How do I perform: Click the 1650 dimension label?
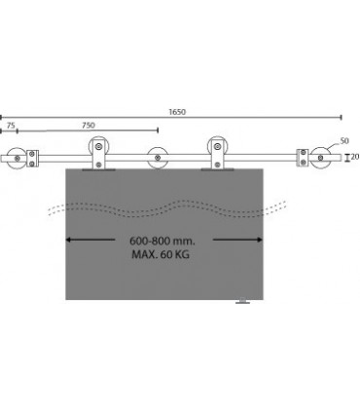click(x=177, y=112)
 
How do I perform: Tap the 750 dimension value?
click(x=89, y=126)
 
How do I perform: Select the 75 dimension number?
click(x=11, y=126)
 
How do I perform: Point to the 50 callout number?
click(x=344, y=141)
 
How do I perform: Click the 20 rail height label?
click(x=355, y=157)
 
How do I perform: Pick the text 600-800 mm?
click(x=162, y=242)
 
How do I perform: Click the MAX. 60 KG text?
click(x=161, y=254)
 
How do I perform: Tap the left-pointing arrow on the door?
click(x=90, y=240)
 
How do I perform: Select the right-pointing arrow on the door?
click(x=237, y=240)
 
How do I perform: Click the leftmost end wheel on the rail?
click(x=17, y=159)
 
